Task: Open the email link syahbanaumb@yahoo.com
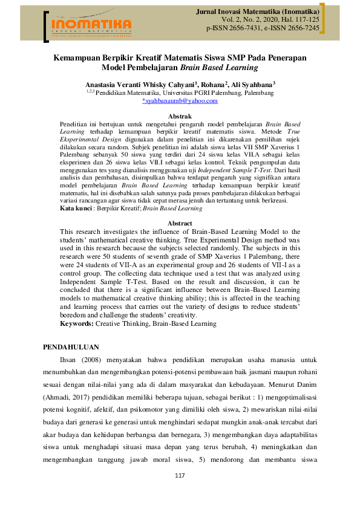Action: [180, 102]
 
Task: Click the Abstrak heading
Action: [179, 115]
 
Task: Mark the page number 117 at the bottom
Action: [179, 494]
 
